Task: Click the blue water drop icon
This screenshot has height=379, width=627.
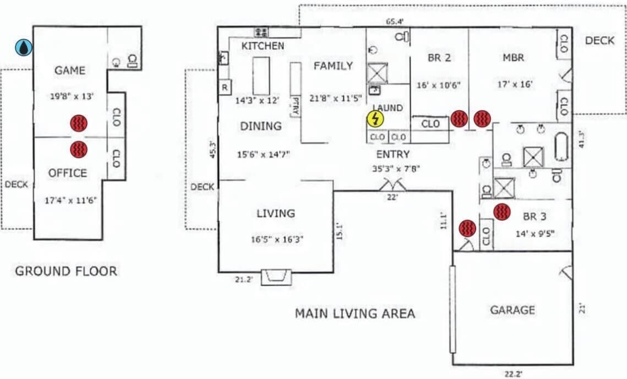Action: (x=24, y=47)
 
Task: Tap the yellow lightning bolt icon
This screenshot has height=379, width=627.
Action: (x=375, y=119)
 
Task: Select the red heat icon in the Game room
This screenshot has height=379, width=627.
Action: (x=79, y=123)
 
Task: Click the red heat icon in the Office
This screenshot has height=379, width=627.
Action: (x=79, y=150)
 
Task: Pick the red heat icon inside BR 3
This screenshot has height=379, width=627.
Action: (x=502, y=212)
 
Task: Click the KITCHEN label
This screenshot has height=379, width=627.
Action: (x=263, y=46)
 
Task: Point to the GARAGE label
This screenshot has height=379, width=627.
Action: (x=512, y=310)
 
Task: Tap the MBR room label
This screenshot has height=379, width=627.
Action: (x=514, y=58)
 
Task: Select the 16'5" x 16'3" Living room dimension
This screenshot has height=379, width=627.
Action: (x=277, y=240)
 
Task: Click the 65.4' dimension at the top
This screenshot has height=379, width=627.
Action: (x=395, y=21)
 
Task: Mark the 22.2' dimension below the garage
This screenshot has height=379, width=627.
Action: (x=513, y=374)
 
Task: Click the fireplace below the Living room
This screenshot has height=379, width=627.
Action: (x=276, y=277)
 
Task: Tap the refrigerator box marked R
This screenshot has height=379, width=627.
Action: (x=225, y=87)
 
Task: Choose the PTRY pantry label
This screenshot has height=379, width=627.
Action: (x=296, y=106)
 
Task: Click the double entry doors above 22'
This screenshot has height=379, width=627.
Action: (x=392, y=185)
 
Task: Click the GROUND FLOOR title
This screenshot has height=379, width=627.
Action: (x=67, y=271)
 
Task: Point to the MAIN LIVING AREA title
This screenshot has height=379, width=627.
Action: (x=355, y=313)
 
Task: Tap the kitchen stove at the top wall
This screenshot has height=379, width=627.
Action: (x=261, y=32)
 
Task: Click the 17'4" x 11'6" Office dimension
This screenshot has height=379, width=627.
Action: (x=71, y=200)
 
